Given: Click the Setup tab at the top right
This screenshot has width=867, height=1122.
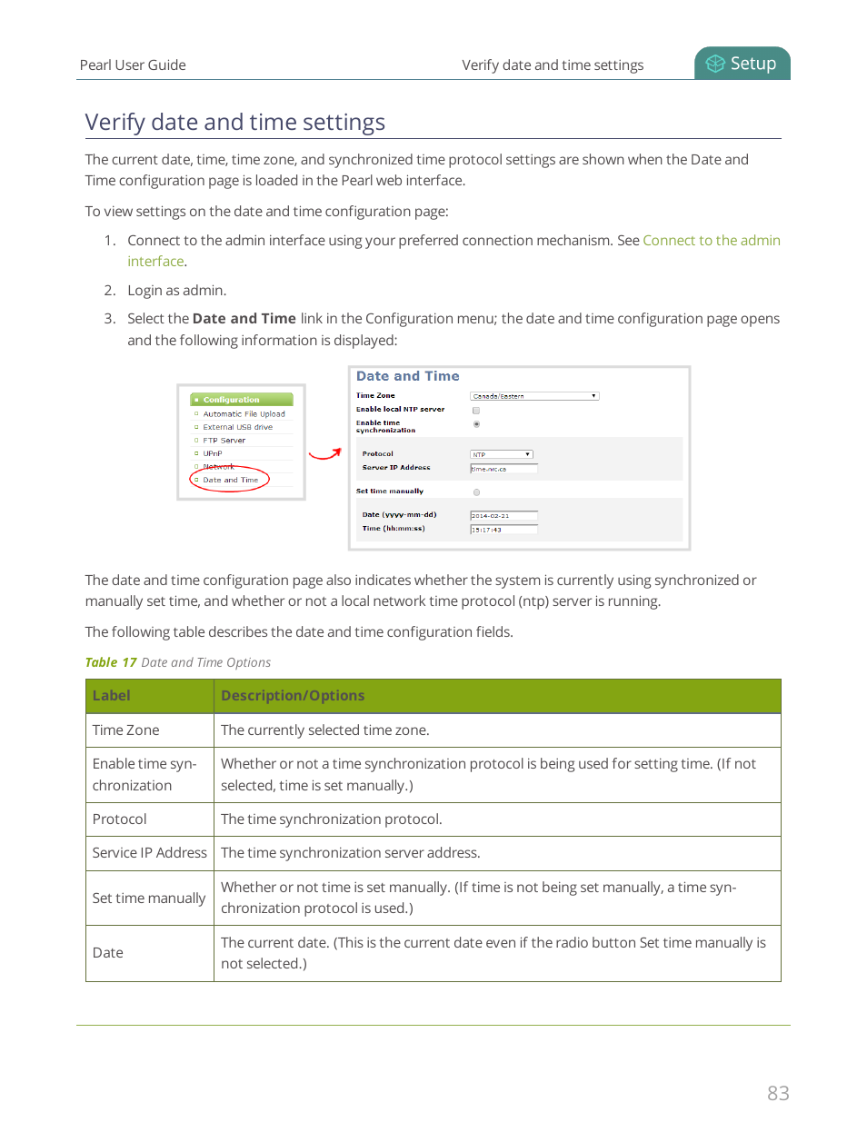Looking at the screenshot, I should coord(742,64).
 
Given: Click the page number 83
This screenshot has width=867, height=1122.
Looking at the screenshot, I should coord(778,1093).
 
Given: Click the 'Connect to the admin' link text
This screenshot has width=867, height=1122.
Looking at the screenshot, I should coord(711,240).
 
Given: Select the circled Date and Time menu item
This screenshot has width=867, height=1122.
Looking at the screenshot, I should coord(231,480).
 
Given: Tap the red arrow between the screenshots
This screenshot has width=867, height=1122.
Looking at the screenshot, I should coord(324,453).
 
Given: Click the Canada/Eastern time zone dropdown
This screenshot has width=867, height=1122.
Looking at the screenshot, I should coord(533,396).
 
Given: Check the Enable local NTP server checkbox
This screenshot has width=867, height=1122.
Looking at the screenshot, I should coord(476,411).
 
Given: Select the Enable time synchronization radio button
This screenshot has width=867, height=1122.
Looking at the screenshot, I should coord(476,424).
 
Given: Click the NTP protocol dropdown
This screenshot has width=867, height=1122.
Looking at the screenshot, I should coord(501,454).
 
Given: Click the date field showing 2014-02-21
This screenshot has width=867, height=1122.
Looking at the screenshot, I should coord(503,515).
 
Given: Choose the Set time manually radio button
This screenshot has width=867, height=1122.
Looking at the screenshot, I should coord(476,492).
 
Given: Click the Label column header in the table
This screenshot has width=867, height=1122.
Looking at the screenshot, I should coord(112,696).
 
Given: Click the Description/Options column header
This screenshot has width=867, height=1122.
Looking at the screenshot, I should coord(293,696).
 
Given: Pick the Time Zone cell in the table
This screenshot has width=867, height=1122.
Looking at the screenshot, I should coord(126,730).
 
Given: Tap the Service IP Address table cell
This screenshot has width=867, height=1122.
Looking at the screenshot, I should coord(149,853).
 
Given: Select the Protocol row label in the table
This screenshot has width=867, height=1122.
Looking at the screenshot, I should coord(120,819).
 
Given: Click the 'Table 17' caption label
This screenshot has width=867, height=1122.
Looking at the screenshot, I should coord(111,662).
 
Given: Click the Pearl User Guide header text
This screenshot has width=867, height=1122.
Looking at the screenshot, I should coord(133,65).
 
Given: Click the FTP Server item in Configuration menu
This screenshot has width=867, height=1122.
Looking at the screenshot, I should coord(224,441).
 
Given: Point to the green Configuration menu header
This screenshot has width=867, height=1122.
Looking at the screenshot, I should coord(241,400).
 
